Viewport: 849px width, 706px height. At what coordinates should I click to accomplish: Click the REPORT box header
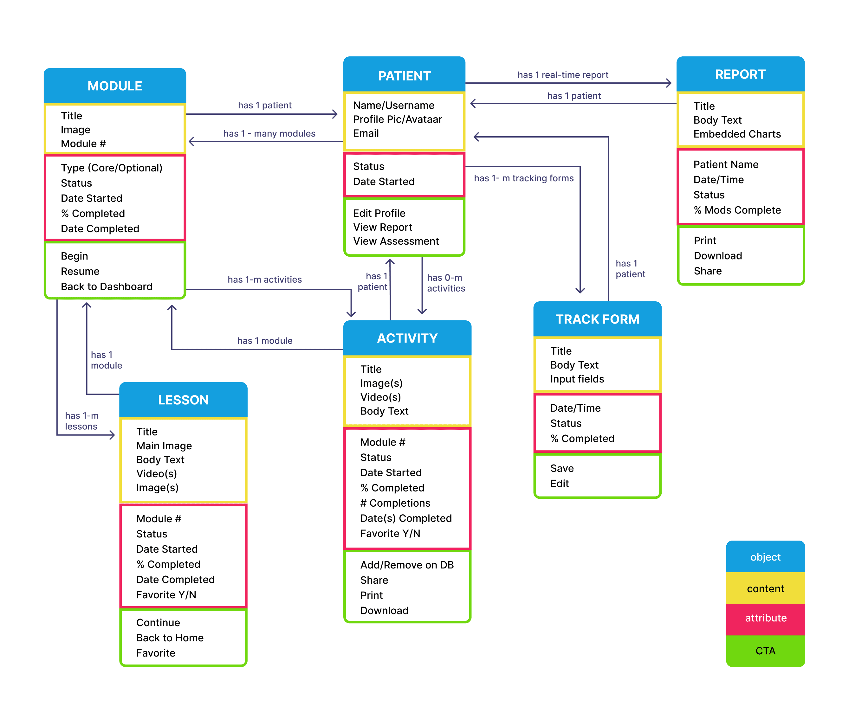coord(740,74)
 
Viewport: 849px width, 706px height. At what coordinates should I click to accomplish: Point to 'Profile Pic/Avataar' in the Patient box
coord(398,119)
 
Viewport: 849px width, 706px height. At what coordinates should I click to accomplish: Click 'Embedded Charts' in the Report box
coord(737,134)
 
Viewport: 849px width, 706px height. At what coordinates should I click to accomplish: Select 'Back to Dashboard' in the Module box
coord(106,286)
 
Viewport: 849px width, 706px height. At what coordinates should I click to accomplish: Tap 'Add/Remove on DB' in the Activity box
coord(407,565)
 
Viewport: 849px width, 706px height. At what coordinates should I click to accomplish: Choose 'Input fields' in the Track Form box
coord(577,379)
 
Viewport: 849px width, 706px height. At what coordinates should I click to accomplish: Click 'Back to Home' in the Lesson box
coord(170,638)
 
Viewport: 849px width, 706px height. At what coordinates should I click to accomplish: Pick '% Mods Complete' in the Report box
coord(737,210)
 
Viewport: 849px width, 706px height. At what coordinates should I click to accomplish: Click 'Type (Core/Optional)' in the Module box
coord(112,168)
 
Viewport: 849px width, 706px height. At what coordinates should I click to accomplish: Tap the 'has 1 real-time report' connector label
coord(563,75)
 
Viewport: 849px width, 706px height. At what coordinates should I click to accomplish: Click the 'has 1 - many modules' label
coord(269,133)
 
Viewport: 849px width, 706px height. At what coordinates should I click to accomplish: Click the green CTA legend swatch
coord(765,651)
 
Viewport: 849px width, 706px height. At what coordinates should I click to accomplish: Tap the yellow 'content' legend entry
coord(765,588)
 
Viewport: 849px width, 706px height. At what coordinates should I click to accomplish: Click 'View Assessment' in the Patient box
coord(396,241)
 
